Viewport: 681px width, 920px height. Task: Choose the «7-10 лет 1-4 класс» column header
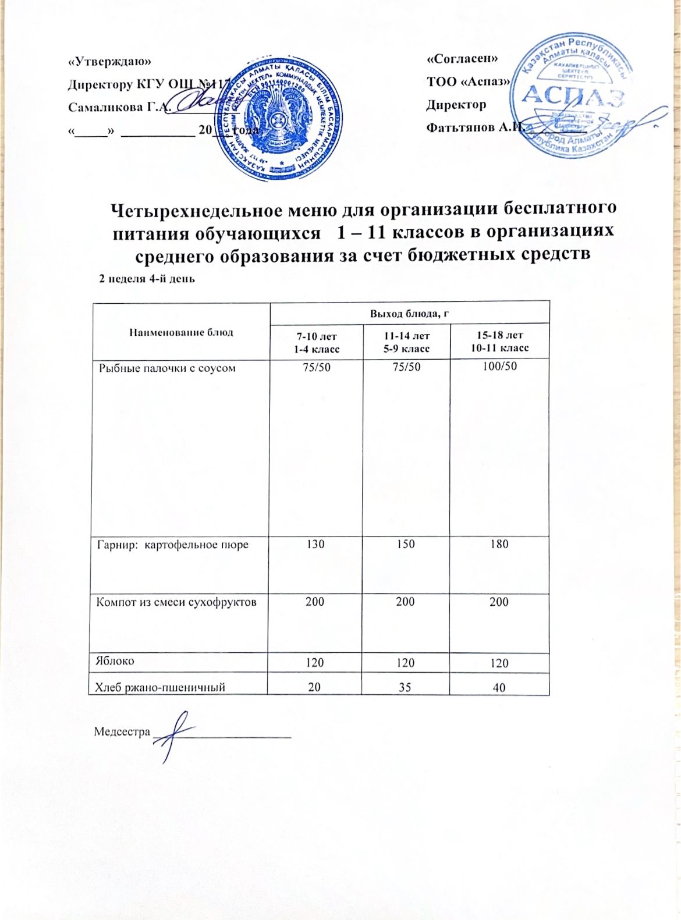(x=316, y=342)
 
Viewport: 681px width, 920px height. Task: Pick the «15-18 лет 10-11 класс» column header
(x=499, y=342)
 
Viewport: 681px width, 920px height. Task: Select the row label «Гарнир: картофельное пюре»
(x=172, y=545)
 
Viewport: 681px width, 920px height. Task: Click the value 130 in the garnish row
(x=315, y=545)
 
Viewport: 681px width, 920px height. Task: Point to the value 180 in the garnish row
(x=499, y=545)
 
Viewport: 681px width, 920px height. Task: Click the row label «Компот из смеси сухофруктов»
(x=176, y=602)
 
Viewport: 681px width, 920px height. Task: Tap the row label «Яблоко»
(x=115, y=661)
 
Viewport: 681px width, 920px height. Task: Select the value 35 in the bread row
(x=405, y=687)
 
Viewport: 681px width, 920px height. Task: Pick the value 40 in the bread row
(x=499, y=687)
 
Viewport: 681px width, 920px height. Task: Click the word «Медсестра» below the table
(x=122, y=731)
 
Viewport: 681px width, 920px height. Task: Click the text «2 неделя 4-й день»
(x=147, y=279)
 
